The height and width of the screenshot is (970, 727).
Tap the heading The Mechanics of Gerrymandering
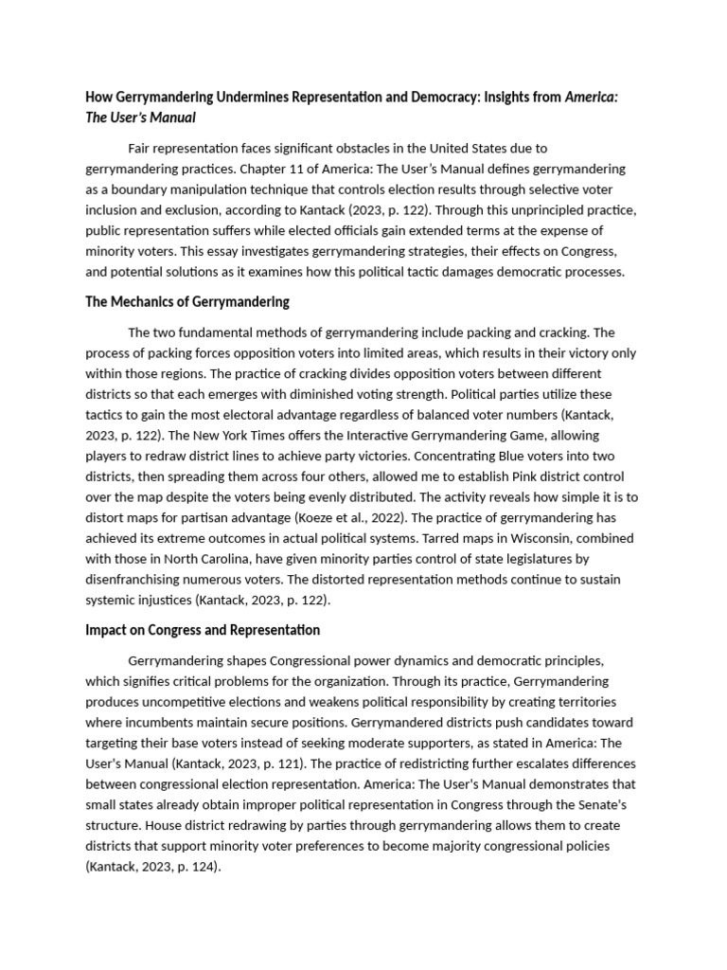(x=187, y=302)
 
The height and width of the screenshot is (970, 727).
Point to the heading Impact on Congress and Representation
(x=203, y=630)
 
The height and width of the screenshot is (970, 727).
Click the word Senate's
(x=591, y=805)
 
